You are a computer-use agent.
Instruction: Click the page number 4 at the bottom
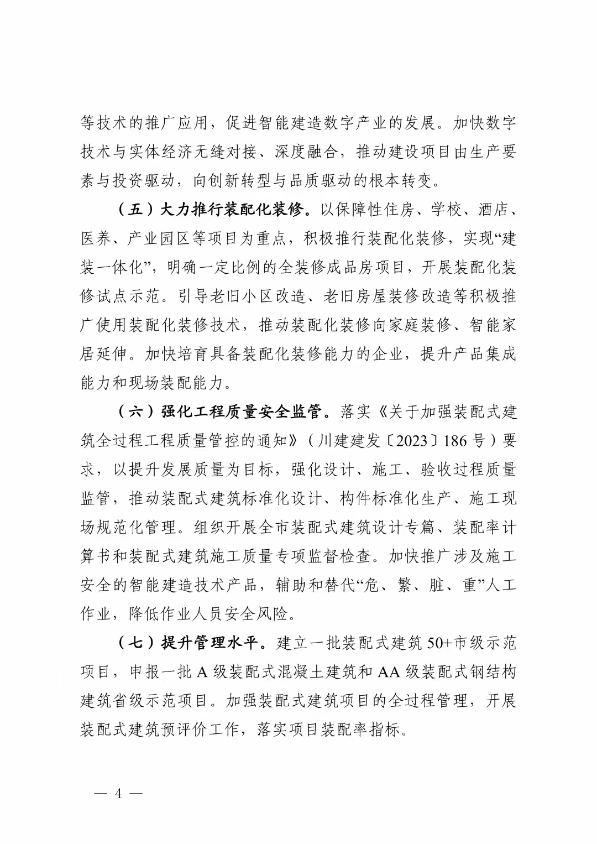click(118, 793)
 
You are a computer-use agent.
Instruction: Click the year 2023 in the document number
click(411, 441)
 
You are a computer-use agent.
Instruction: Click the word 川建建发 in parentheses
click(349, 441)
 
